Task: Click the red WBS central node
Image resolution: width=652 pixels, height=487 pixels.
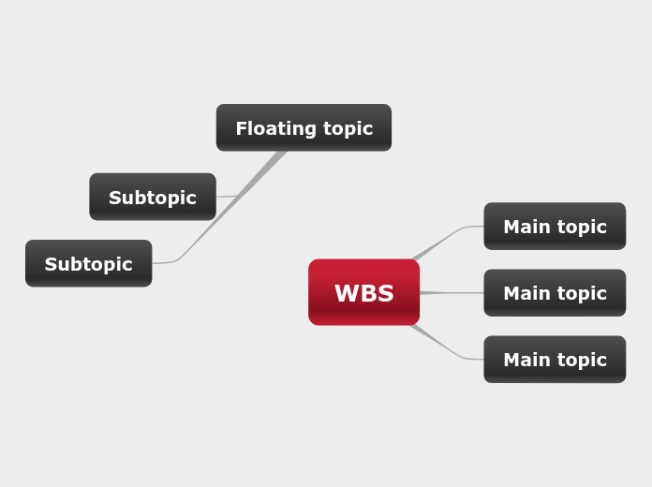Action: (x=363, y=292)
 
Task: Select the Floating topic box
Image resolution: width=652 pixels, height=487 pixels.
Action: (x=304, y=127)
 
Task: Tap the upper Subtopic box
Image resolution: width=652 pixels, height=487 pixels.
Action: (x=153, y=197)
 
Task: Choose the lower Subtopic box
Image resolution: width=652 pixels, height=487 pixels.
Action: (x=88, y=263)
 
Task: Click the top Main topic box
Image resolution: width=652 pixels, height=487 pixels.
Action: (x=555, y=227)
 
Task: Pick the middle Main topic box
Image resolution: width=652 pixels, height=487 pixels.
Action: (x=555, y=293)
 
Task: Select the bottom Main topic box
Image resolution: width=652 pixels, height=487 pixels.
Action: (x=555, y=360)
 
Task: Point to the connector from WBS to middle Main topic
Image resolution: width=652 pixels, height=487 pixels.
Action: (x=452, y=293)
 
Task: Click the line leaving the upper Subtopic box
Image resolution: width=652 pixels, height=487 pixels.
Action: (x=227, y=196)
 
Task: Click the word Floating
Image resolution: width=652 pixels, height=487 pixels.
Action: (x=269, y=128)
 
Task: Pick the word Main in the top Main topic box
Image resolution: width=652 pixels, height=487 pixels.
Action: (x=524, y=227)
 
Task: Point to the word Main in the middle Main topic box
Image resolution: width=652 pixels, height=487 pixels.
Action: (x=524, y=293)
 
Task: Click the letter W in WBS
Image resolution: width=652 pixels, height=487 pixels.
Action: (x=346, y=293)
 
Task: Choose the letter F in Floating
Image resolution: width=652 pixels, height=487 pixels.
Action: (x=241, y=128)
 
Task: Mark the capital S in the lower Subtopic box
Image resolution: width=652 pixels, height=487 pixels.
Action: (x=51, y=264)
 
